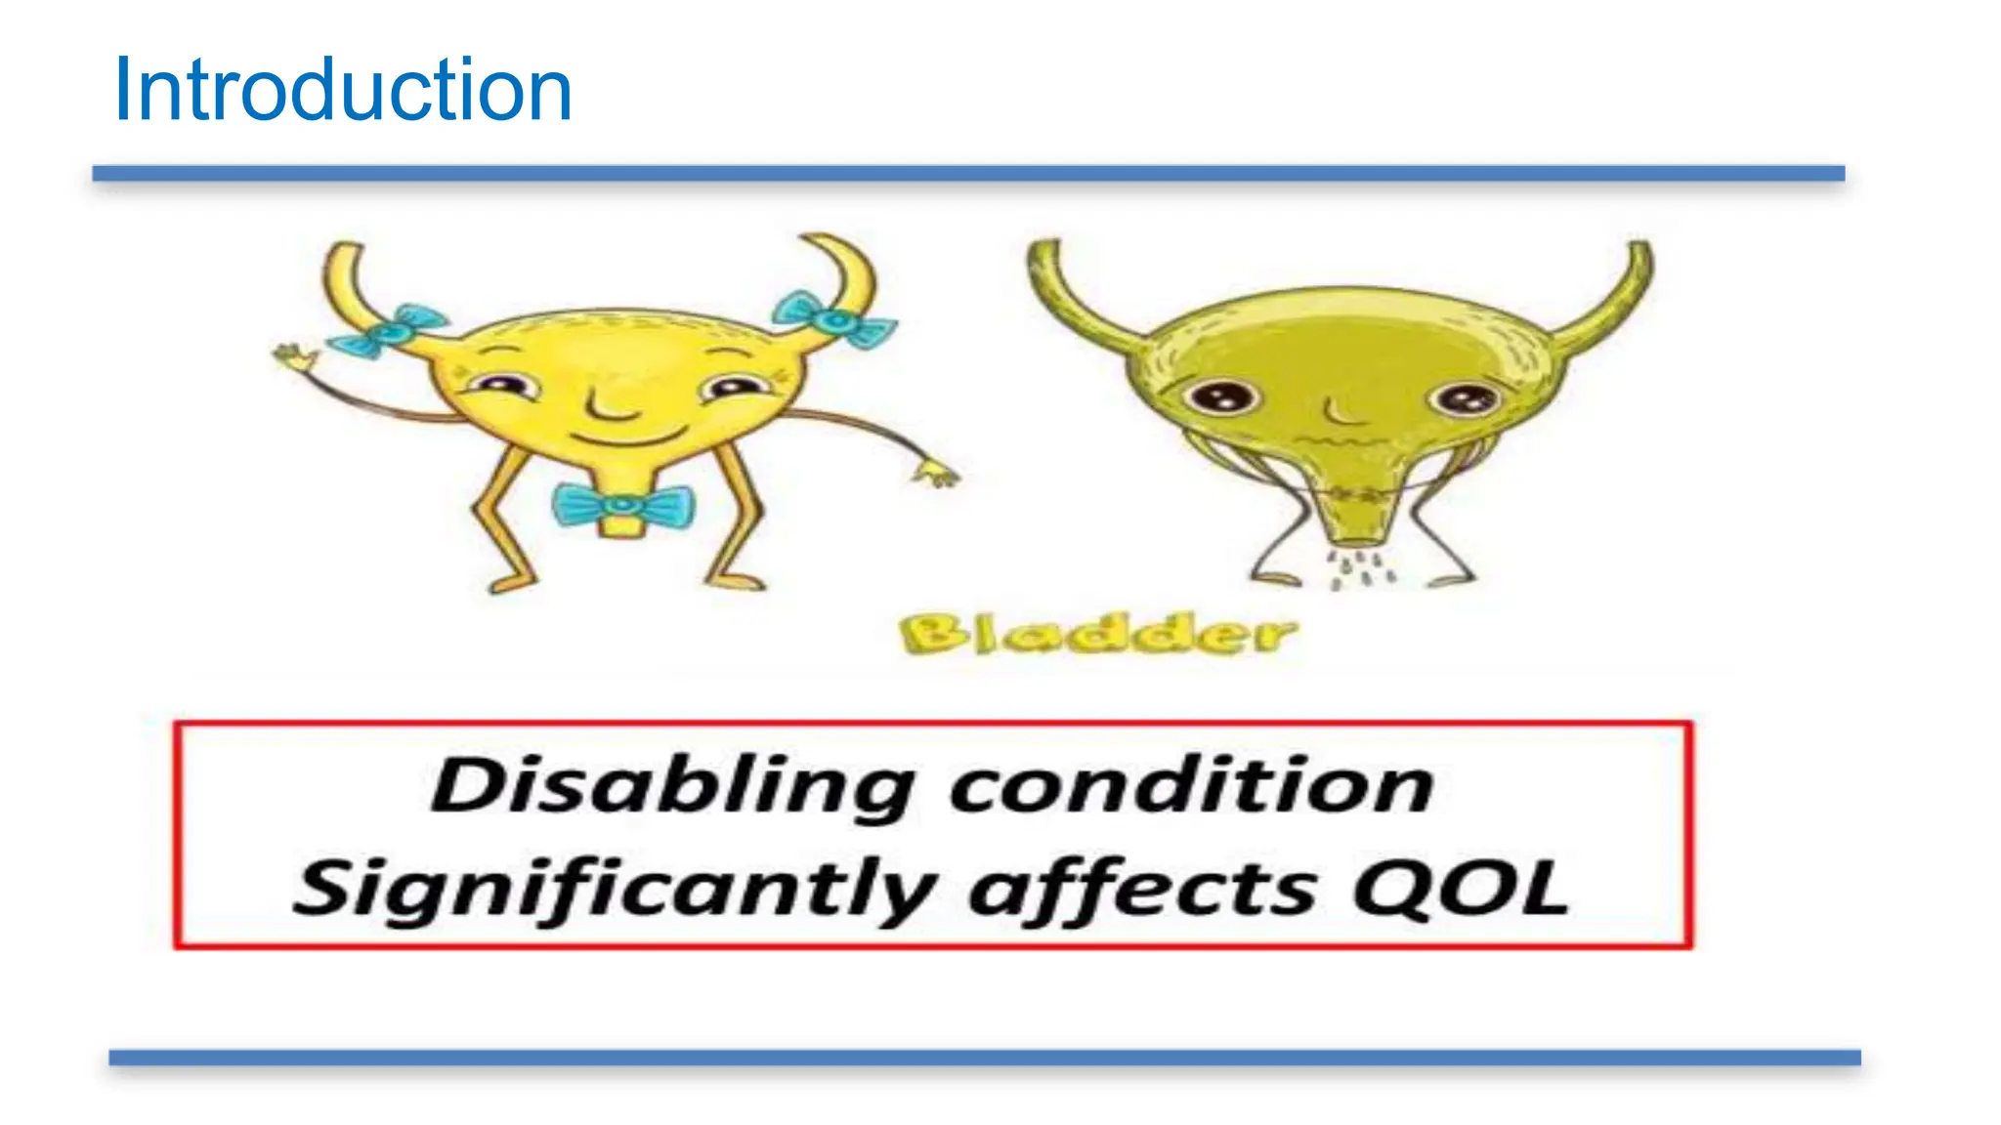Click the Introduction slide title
(342, 90)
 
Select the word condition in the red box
(1191, 786)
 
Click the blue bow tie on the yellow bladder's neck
(622, 505)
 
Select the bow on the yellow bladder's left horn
(388, 330)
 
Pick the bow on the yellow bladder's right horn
(833, 318)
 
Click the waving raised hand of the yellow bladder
(294, 355)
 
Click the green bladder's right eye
(1463, 398)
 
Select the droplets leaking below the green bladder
(1358, 570)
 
